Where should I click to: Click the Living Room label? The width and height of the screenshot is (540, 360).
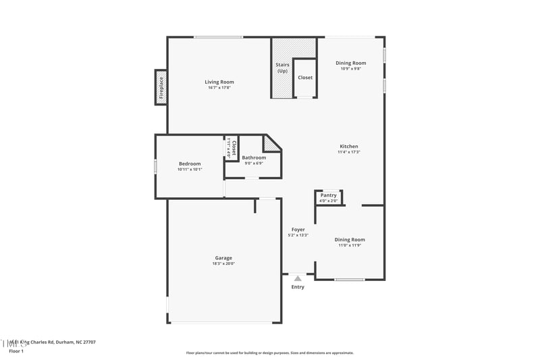[x=219, y=82]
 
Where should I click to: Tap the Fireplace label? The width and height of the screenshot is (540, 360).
[x=161, y=88]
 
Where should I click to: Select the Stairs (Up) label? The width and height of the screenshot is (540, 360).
[x=282, y=68]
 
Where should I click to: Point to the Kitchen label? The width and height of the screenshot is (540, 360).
[x=349, y=146]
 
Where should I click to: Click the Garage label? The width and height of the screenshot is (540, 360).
[x=223, y=257]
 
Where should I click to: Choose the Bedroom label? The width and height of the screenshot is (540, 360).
[x=190, y=163]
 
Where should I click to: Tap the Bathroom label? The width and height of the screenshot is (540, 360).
[x=254, y=157]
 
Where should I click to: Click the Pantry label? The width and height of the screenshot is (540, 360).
[x=329, y=195]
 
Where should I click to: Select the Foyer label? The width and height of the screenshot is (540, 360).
[x=298, y=230]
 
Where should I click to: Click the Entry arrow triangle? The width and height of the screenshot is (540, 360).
[x=298, y=278]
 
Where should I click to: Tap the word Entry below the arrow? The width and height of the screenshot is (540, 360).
[x=298, y=287]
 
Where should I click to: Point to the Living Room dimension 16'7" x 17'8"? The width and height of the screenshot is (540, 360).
[x=219, y=88]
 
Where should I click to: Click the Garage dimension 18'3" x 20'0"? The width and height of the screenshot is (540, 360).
[x=223, y=263]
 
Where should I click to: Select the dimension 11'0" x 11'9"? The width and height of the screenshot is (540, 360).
[x=350, y=245]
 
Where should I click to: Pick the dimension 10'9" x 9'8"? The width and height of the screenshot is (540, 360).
[x=351, y=69]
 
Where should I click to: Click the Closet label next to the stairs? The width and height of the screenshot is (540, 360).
[x=305, y=78]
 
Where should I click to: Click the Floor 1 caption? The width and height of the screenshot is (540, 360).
[x=16, y=351]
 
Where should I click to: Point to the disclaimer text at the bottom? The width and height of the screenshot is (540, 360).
[x=270, y=353]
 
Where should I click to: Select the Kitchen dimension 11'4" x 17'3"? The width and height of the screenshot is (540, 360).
[x=349, y=152]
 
